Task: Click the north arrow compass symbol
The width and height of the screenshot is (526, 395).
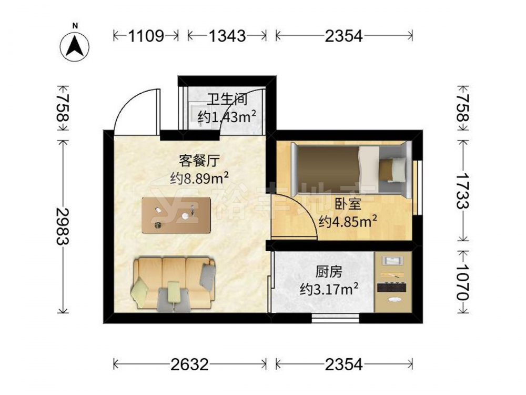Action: [75, 46]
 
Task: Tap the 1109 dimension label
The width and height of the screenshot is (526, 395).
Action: [146, 35]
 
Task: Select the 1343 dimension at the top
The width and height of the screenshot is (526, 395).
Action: [227, 35]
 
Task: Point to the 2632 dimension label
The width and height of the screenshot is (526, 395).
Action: [189, 364]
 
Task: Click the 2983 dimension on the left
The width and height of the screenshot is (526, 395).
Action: [63, 226]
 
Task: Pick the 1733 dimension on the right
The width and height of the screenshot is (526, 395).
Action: [463, 191]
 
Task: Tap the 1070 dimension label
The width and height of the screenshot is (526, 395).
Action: [463, 281]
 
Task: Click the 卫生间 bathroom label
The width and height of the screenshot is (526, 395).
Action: [227, 100]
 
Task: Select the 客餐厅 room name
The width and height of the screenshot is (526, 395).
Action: [199, 161]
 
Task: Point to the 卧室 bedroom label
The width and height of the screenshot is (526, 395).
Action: [348, 204]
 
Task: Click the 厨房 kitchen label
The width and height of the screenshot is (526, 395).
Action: [329, 272]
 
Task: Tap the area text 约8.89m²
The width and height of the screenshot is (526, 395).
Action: [199, 179]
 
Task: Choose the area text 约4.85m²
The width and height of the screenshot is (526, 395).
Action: [348, 221]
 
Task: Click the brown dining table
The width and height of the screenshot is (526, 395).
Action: [176, 215]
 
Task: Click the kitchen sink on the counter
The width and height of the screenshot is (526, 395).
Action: [393, 261]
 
